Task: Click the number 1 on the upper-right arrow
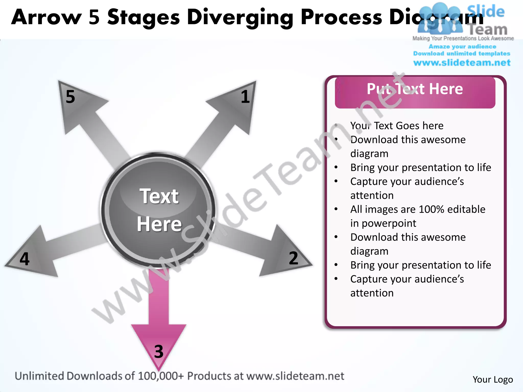[245, 97]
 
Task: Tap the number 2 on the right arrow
[293, 258]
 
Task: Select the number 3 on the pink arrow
[159, 351]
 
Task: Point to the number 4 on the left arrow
[25, 259]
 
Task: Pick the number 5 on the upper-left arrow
[70, 97]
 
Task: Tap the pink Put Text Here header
[415, 92]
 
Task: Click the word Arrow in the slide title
[46, 17]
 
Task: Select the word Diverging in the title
[240, 17]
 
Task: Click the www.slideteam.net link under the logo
[462, 63]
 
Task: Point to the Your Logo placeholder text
[493, 379]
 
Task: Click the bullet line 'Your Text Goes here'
[397, 126]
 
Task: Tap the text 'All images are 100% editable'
[418, 209]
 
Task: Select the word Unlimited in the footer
[39, 376]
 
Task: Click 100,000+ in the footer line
[161, 376]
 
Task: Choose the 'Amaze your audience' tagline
[462, 46]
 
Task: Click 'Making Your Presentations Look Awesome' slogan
[463, 38]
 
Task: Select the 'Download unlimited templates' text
[462, 54]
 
